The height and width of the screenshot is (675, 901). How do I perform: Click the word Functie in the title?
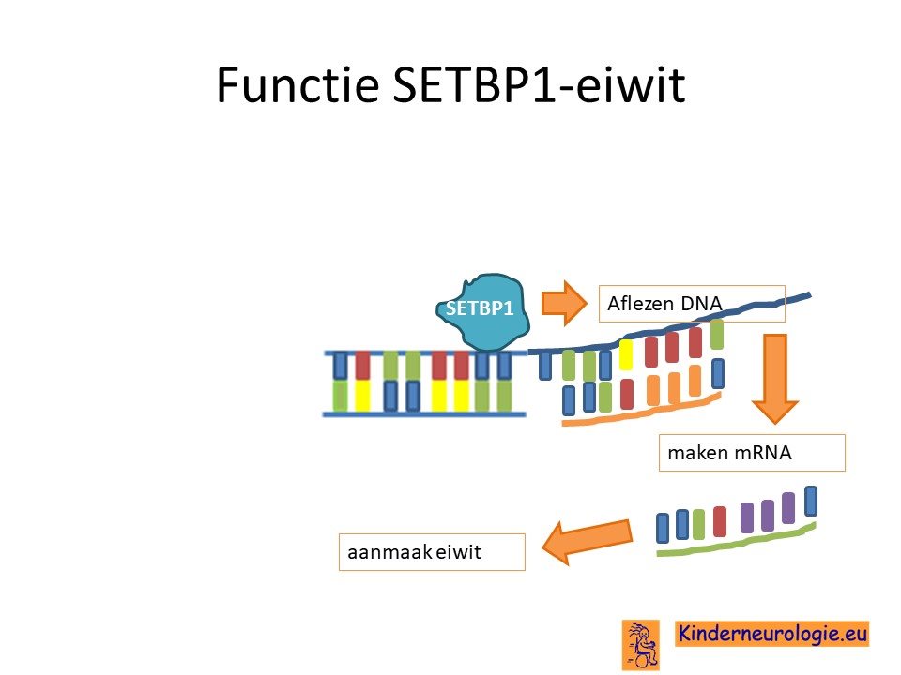(298, 85)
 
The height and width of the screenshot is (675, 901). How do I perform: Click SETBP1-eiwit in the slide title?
(539, 85)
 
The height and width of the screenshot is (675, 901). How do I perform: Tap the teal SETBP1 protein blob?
(481, 312)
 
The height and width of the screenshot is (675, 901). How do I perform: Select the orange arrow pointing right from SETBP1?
(564, 303)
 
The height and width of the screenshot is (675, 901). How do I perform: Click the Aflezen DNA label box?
(692, 303)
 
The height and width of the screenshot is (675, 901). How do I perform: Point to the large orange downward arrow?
(774, 379)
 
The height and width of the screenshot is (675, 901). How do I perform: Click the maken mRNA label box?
(752, 453)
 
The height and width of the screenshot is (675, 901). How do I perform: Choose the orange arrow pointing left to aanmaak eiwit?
(587, 541)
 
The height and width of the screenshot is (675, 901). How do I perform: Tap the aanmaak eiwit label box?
(432, 552)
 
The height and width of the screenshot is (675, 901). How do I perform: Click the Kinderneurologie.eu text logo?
(772, 634)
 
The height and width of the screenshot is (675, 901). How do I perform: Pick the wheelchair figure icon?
(641, 645)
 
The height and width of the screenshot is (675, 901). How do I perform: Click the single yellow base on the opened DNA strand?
(626, 354)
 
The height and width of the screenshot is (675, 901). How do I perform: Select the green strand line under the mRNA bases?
(736, 540)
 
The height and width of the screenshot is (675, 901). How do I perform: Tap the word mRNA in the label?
(761, 453)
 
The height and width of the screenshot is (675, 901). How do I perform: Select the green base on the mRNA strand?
(698, 524)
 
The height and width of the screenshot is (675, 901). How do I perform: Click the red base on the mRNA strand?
(720, 521)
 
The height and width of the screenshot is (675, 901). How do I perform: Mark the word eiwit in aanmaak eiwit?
(458, 552)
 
